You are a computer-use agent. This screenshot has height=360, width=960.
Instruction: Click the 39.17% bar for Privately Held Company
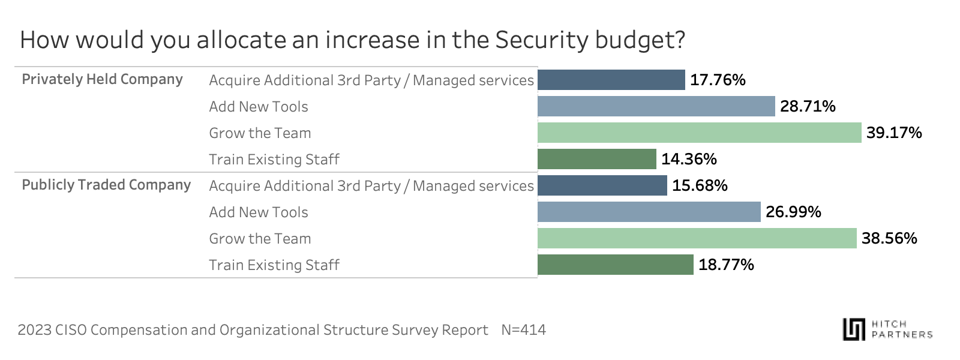(699, 133)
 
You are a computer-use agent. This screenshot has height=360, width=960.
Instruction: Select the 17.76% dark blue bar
(611, 80)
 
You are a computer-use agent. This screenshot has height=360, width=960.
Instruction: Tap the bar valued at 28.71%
(656, 106)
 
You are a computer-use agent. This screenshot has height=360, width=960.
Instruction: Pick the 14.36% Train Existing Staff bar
(596, 159)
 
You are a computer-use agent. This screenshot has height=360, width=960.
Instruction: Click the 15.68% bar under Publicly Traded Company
(602, 185)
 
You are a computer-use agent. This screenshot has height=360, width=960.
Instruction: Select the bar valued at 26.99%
(649, 212)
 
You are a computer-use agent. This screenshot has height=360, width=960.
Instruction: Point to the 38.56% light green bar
(697, 238)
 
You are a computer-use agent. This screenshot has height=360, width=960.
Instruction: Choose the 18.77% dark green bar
(615, 265)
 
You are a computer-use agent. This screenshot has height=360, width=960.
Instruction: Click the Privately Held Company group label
(102, 79)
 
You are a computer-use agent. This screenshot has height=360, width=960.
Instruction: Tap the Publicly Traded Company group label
(106, 185)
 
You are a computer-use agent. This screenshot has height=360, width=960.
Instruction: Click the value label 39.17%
(893, 133)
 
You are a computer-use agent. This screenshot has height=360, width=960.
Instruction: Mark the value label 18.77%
(726, 265)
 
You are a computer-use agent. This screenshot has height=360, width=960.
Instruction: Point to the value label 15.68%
(700, 185)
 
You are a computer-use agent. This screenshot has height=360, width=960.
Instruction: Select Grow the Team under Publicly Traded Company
(260, 238)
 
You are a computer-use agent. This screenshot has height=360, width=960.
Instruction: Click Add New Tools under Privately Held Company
(258, 106)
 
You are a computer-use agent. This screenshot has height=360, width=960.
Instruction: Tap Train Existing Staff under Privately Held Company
(274, 159)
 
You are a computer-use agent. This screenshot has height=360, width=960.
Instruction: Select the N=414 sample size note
(523, 329)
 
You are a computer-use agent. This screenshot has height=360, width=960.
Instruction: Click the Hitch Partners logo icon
(853, 329)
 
